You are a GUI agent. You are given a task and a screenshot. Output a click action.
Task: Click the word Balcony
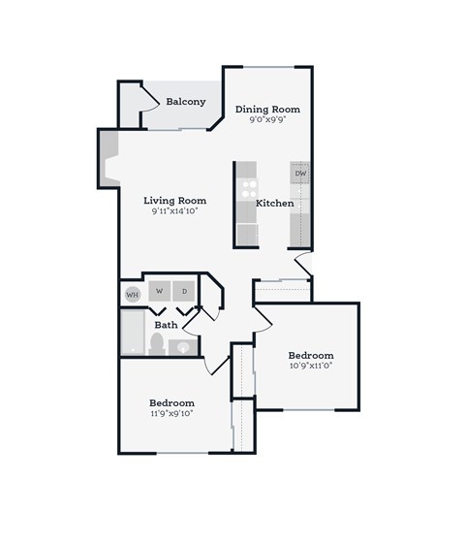click(x=185, y=102)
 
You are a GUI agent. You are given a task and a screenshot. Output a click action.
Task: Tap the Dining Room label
click(x=267, y=110)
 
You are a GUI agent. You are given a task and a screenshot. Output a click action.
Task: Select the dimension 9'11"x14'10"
click(x=174, y=211)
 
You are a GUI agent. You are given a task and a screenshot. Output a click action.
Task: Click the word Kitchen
click(x=274, y=204)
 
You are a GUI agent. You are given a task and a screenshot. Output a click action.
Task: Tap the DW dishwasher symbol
click(x=300, y=174)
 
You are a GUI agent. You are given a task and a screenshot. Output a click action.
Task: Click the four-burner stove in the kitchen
click(x=248, y=185)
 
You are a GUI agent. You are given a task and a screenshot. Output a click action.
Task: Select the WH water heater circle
click(x=133, y=293)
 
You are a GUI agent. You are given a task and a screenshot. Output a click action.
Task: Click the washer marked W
click(x=158, y=291)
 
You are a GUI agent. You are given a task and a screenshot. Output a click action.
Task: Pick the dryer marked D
click(x=183, y=291)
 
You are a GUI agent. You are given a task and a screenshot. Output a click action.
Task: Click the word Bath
click(x=166, y=325)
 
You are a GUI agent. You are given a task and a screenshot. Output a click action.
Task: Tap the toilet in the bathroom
click(x=156, y=344)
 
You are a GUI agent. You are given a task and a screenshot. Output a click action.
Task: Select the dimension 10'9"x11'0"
click(x=310, y=367)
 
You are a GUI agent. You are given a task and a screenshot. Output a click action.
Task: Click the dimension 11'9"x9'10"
click(x=171, y=414)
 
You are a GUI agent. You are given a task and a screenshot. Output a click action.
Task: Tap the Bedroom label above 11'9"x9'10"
click(x=171, y=402)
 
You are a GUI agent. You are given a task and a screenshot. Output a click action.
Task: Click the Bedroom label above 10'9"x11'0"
click(x=310, y=355)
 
